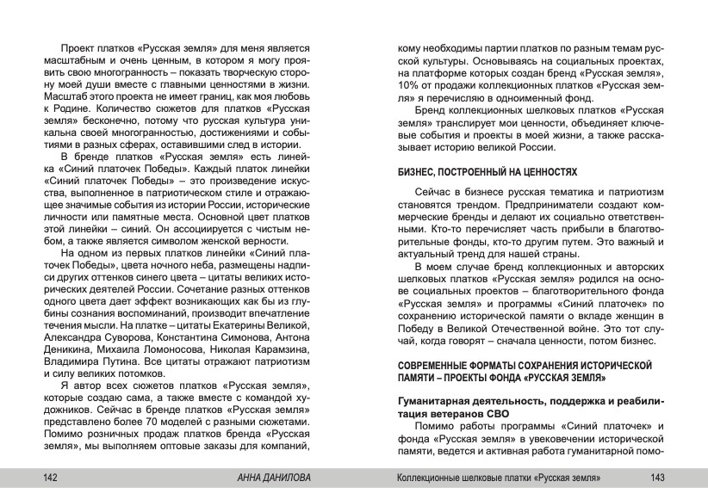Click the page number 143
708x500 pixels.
click(x=659, y=478)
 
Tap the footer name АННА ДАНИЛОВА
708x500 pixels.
click(x=277, y=478)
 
